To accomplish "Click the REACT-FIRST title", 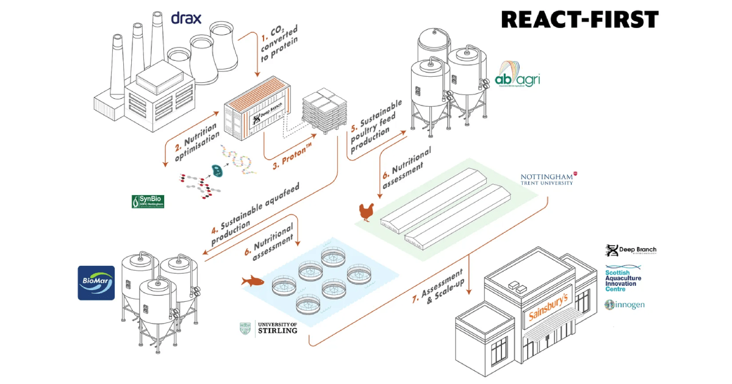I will (x=579, y=19).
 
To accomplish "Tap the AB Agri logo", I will (x=518, y=76).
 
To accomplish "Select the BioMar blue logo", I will (x=96, y=283).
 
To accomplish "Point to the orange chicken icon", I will (x=365, y=213).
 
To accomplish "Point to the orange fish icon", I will (x=253, y=280).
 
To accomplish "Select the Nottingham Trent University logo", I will (x=547, y=179).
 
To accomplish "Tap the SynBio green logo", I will (x=148, y=202).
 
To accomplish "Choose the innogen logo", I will (x=625, y=304).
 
